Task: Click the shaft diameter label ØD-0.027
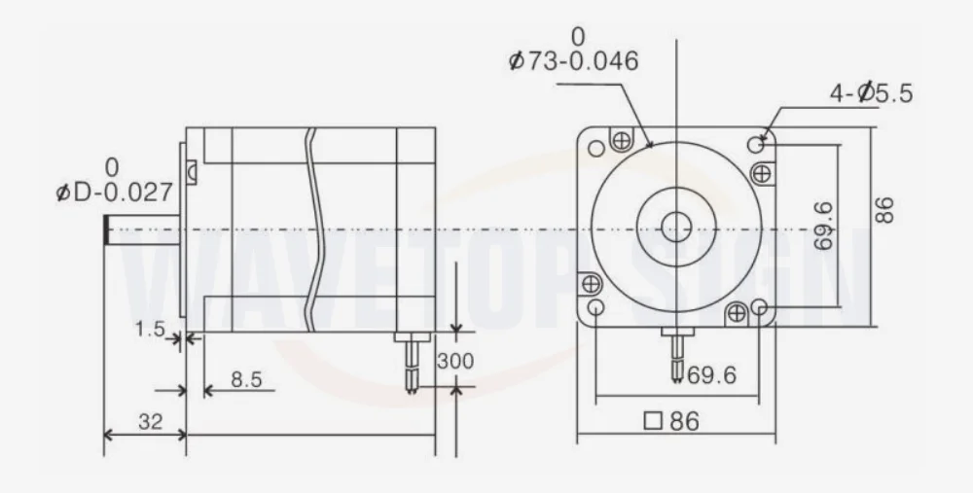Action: click(114, 193)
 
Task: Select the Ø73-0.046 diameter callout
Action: click(573, 60)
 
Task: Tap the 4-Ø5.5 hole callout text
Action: click(871, 93)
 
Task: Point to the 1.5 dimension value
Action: click(150, 329)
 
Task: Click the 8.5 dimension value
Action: click(246, 379)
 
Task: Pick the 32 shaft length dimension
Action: click(150, 422)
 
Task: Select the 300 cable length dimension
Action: click(454, 361)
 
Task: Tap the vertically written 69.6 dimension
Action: click(823, 226)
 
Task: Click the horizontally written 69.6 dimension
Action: click(712, 374)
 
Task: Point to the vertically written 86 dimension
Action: click(883, 210)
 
